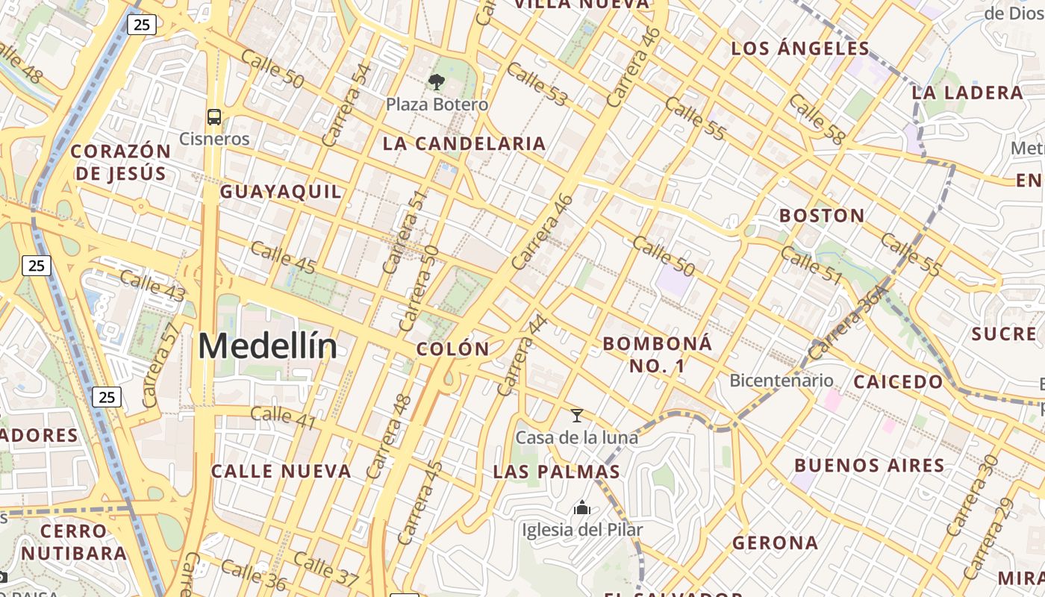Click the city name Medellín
pyautogui.click(x=267, y=347)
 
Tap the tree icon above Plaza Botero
pyautogui.click(x=437, y=81)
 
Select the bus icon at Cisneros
pyautogui.click(x=214, y=116)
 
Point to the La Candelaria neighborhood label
pyautogui.click(x=464, y=144)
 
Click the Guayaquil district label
pyautogui.click(x=281, y=192)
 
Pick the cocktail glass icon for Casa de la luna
pyautogui.click(x=576, y=416)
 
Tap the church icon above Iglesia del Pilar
pyautogui.click(x=582, y=508)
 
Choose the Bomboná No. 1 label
pyautogui.click(x=658, y=354)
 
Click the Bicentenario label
pyautogui.click(x=782, y=381)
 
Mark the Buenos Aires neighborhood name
pyautogui.click(x=870, y=466)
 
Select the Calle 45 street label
pyautogui.click(x=283, y=257)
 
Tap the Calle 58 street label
pyautogui.click(x=817, y=119)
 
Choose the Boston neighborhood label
pyautogui.click(x=822, y=216)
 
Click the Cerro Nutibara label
pyautogui.click(x=74, y=543)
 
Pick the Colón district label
pyautogui.click(x=453, y=348)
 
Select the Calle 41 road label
pyautogui.click(x=283, y=419)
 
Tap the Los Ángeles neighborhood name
pyautogui.click(x=800, y=49)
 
